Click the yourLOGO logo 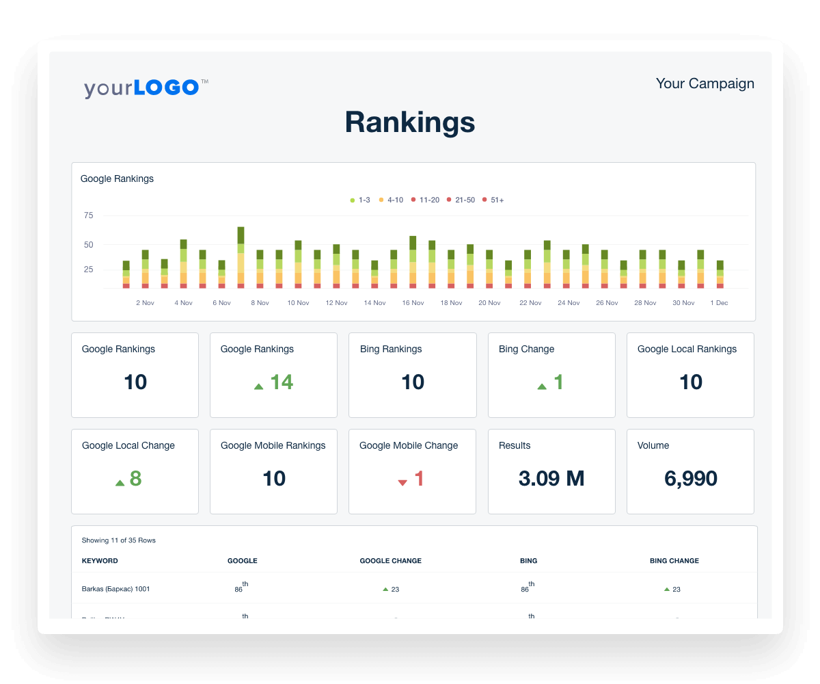(x=142, y=88)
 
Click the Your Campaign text (x=705, y=83)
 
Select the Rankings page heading (x=409, y=122)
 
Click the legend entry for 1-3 (x=360, y=200)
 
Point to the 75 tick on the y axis (x=88, y=215)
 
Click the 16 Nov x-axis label (x=413, y=302)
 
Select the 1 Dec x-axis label (x=719, y=302)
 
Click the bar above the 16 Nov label (x=413, y=263)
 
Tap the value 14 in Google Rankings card (x=282, y=382)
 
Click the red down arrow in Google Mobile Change (x=402, y=482)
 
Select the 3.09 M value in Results (x=551, y=479)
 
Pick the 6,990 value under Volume (x=690, y=479)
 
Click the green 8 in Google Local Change (x=135, y=479)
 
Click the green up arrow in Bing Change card (x=542, y=386)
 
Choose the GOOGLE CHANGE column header (x=390, y=561)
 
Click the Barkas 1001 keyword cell (x=115, y=589)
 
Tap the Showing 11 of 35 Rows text (x=118, y=540)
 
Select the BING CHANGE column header (x=674, y=561)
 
